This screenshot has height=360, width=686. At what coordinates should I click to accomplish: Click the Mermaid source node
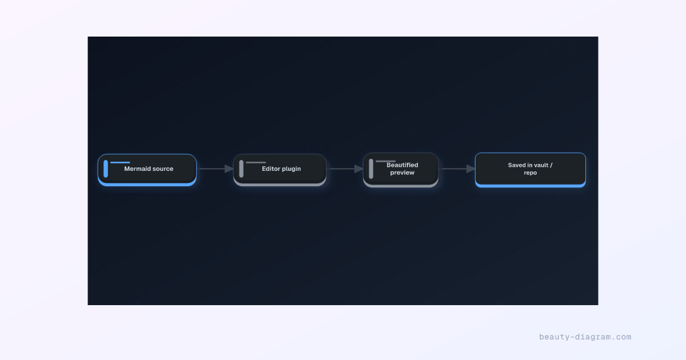coord(147,170)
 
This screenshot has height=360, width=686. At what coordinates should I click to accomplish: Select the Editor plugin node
coord(280,170)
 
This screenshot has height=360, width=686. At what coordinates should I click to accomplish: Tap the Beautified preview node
coord(401,170)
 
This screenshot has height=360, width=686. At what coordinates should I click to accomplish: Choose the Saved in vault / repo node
coord(530,170)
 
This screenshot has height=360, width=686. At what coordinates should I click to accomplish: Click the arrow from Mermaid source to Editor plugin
coord(216,169)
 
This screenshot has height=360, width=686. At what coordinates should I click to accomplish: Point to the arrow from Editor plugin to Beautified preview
coord(345,169)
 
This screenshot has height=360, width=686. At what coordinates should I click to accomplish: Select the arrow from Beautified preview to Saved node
coord(457,169)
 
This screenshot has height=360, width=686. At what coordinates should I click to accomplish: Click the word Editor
coord(271,169)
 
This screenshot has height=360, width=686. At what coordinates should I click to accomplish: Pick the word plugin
coord(292,169)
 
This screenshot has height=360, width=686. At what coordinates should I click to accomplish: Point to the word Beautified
coord(402,165)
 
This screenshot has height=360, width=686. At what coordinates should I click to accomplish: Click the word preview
coord(402,173)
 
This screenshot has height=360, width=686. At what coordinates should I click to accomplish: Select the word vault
coord(541,165)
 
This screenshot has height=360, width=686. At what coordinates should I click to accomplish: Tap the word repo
coord(530,173)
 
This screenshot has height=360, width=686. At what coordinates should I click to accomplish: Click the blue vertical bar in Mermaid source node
coord(106,169)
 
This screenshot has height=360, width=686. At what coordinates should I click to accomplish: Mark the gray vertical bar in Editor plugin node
coord(241,169)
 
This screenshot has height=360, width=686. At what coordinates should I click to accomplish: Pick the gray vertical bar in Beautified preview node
coord(371,169)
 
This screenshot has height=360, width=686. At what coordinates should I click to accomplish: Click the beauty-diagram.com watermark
coord(585,337)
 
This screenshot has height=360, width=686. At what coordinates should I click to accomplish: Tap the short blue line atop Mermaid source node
coord(120,162)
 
